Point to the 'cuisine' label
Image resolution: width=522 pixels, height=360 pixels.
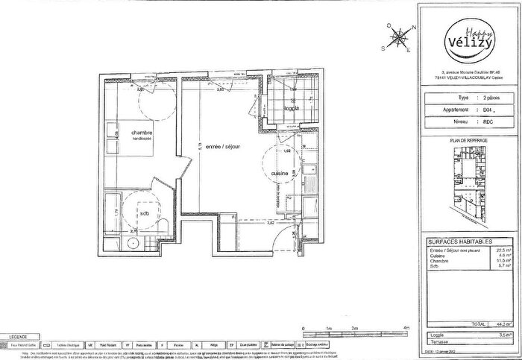pyautogui.click(x=280, y=173)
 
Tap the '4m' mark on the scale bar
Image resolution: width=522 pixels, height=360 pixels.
pyautogui.click(x=406, y=327)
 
